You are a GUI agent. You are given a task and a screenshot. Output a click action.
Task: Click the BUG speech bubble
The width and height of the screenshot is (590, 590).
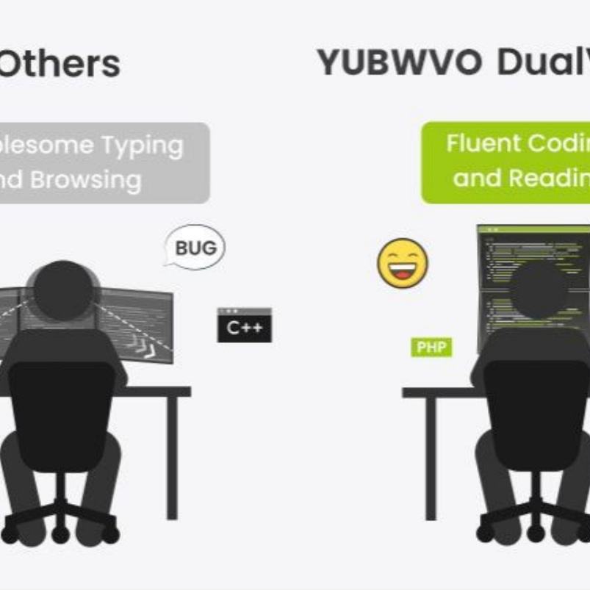pyautogui.click(x=195, y=247)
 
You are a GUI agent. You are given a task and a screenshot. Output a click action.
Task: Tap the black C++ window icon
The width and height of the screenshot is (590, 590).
pyautogui.click(x=244, y=325)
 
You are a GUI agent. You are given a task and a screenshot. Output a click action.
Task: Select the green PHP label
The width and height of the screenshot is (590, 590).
pyautogui.click(x=431, y=348)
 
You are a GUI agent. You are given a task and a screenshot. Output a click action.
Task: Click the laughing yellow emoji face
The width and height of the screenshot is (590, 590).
pyautogui.click(x=403, y=263)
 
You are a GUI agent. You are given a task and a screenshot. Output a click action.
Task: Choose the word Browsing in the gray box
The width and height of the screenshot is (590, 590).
pyautogui.click(x=96, y=180)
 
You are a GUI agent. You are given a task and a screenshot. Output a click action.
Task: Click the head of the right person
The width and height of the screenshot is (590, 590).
pyautogui.click(x=540, y=290)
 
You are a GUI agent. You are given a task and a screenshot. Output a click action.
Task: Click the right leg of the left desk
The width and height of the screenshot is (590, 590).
pyautogui.click(x=172, y=456)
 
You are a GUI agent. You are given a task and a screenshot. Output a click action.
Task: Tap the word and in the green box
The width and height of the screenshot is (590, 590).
pyautogui.click(x=472, y=179)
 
